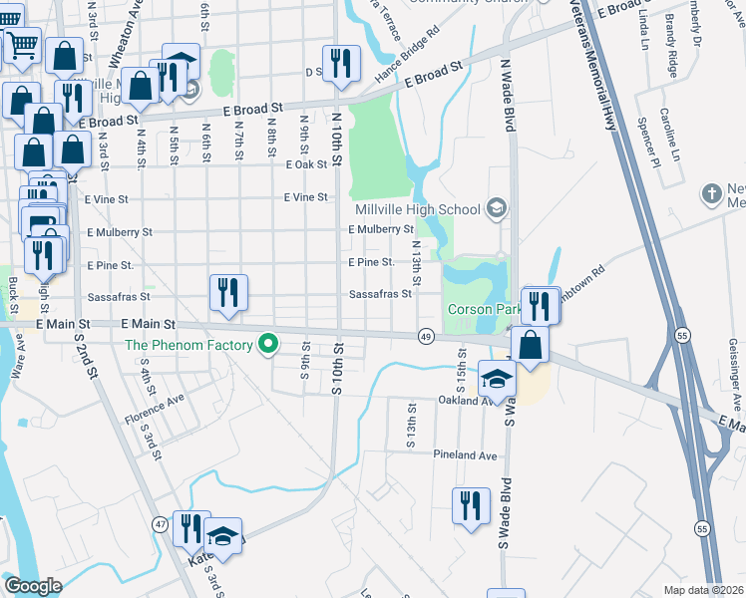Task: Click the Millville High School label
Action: point(418,209)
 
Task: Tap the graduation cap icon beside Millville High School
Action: point(496,208)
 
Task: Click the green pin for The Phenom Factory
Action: point(267,345)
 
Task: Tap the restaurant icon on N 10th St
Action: point(341,63)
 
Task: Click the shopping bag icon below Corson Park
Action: point(534,345)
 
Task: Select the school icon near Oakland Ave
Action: point(497,380)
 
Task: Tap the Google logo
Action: point(33,585)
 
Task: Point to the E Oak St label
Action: point(306,165)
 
